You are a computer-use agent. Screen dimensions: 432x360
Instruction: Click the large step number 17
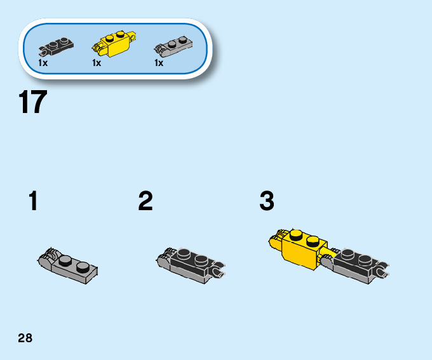click(33, 103)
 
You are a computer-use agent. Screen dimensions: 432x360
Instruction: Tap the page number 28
click(25, 338)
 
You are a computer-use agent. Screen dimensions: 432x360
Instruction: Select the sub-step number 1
click(33, 202)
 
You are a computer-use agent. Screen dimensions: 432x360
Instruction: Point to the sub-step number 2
click(145, 202)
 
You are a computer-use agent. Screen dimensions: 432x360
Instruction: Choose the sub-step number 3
click(267, 202)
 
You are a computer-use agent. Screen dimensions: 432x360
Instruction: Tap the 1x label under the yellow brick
click(97, 63)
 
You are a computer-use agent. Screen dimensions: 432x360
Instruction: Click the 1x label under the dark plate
click(43, 63)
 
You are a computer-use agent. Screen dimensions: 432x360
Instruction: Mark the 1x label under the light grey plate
click(159, 63)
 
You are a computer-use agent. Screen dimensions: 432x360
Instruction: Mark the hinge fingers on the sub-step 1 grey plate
click(46, 257)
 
